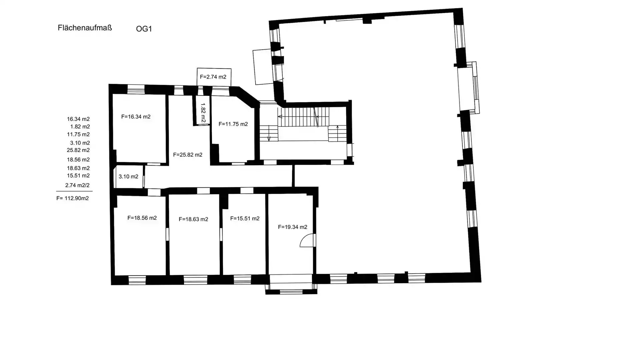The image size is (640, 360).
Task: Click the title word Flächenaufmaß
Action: [x=85, y=28]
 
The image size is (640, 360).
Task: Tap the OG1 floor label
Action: [x=144, y=29]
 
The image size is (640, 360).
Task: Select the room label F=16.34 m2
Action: [x=136, y=117]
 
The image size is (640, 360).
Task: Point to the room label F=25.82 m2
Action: [x=188, y=155]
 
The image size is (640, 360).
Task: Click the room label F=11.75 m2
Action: [x=233, y=124]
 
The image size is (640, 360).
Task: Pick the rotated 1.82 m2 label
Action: [x=203, y=113]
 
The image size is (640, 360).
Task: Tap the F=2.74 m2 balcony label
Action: [x=213, y=77]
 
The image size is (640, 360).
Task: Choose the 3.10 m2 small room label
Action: [x=128, y=176]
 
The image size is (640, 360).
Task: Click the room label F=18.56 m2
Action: [x=142, y=218]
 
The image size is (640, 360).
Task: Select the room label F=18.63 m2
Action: [x=193, y=219]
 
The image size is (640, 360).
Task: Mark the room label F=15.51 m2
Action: [x=245, y=219]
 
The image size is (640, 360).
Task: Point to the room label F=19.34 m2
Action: [x=293, y=227]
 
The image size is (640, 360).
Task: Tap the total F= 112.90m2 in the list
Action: [x=72, y=198]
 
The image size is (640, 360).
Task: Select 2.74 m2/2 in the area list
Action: [x=77, y=185]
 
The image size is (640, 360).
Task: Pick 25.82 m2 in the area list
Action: [x=78, y=150]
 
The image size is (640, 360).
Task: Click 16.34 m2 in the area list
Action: [x=78, y=119]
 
